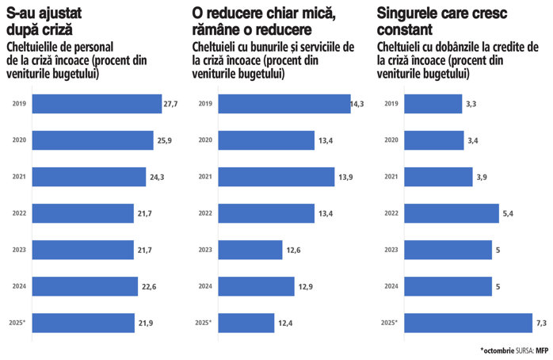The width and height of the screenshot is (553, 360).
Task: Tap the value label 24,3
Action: [157, 177]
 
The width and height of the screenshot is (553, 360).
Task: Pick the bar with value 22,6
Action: [85, 286]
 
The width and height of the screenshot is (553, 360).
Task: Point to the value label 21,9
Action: [146, 323]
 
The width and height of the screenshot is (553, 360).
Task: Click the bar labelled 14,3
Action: [284, 104]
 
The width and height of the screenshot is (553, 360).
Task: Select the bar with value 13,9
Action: [276, 177]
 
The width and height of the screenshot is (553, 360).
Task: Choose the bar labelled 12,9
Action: [256, 286]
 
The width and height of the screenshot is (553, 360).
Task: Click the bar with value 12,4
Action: [246, 323]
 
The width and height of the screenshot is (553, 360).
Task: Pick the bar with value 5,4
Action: [452, 213]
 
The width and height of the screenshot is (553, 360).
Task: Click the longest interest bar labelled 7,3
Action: [468, 323]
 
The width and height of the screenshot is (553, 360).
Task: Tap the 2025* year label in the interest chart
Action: [389, 323]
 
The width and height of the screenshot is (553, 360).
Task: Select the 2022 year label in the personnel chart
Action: [20, 213]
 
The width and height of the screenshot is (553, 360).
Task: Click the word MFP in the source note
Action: [542, 350]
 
